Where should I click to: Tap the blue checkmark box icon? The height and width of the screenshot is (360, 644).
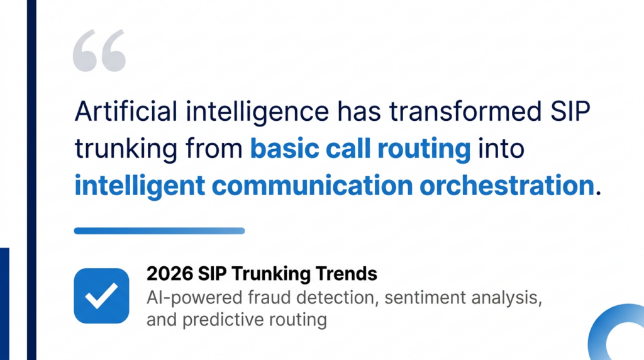click(x=101, y=296)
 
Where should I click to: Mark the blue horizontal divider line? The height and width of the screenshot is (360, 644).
click(x=159, y=231)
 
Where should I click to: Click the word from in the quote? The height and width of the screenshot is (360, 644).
click(x=214, y=150)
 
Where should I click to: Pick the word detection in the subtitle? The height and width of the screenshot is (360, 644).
click(x=328, y=296)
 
